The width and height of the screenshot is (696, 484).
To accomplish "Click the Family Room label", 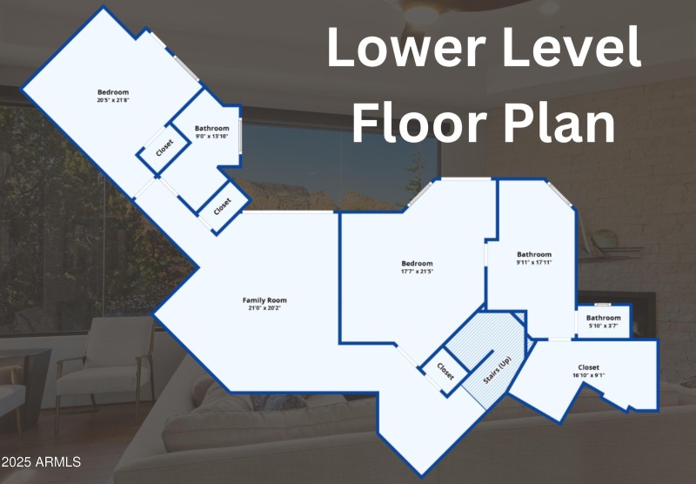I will tap(262, 300).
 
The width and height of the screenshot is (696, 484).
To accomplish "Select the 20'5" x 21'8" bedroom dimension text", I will tap(113, 100).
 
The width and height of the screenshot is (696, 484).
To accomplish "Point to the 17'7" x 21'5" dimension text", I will tap(417, 272).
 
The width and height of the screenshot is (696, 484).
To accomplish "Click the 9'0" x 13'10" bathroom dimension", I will tap(211, 136).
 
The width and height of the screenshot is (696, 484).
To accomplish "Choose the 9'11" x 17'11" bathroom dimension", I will tap(533, 262).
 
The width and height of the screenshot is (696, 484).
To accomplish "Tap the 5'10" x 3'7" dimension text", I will tap(603, 326).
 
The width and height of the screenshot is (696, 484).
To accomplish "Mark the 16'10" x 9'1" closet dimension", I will tap(589, 376).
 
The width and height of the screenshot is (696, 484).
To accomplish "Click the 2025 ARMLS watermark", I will tap(41, 461).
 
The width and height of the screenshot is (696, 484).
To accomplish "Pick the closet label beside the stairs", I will tap(445, 371).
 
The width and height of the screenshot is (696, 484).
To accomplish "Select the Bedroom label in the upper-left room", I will tap(113, 92).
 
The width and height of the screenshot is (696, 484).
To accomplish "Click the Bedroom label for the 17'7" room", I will tap(417, 264).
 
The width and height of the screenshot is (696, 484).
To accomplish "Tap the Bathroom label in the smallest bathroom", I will tap(603, 319).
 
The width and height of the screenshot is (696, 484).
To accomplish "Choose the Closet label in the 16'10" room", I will tap(589, 367).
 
